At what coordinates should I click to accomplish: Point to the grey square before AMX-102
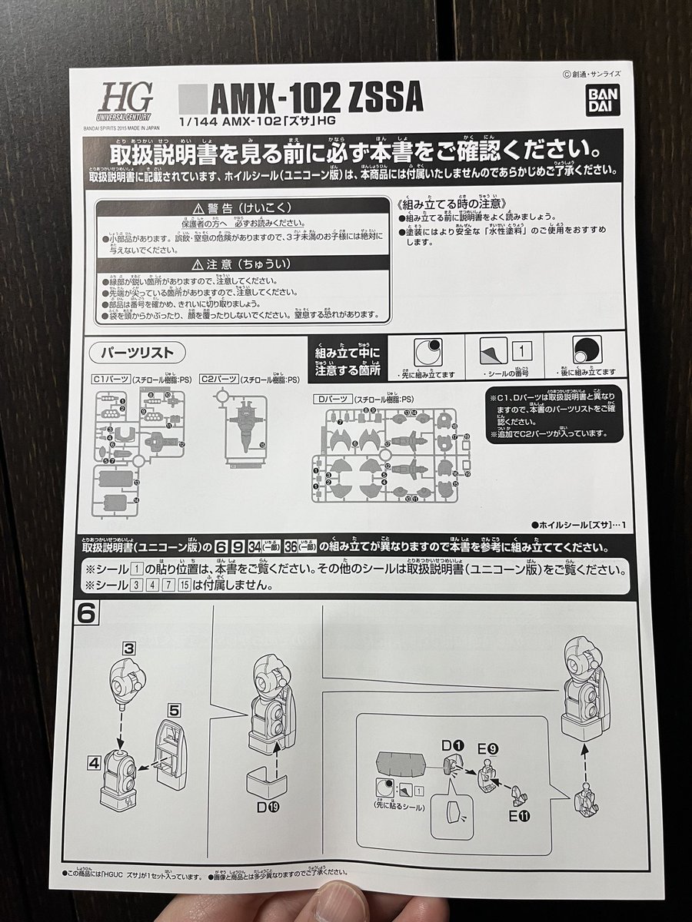click(192, 99)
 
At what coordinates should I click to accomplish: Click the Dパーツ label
click(332, 400)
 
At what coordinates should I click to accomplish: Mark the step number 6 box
click(86, 612)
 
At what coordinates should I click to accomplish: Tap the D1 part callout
click(451, 745)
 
